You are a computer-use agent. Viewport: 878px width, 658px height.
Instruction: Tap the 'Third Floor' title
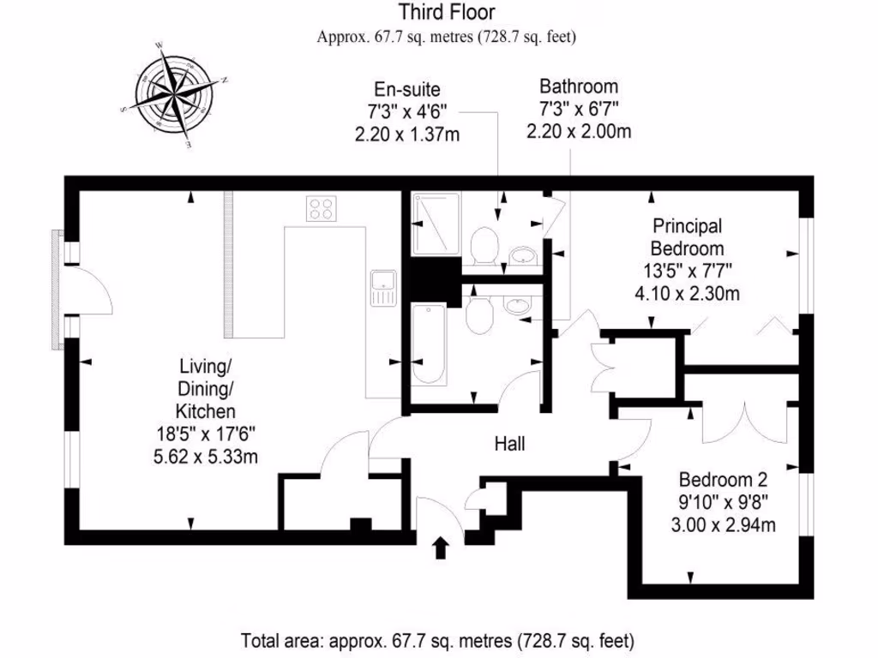click(x=446, y=13)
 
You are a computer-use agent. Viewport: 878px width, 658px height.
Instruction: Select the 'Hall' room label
click(x=509, y=444)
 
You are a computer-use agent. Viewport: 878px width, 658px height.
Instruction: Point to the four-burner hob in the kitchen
click(x=322, y=208)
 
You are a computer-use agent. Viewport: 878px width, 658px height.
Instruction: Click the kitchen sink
click(x=382, y=286)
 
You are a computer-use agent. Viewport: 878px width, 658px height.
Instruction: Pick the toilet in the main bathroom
click(x=478, y=314)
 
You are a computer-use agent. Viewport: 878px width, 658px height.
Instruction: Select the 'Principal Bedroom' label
click(x=687, y=237)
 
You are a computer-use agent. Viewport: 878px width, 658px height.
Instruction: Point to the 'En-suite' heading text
click(x=407, y=88)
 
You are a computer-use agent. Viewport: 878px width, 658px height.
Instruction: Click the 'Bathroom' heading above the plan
click(x=579, y=87)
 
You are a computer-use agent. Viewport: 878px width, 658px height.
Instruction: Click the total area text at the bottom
click(x=438, y=639)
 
